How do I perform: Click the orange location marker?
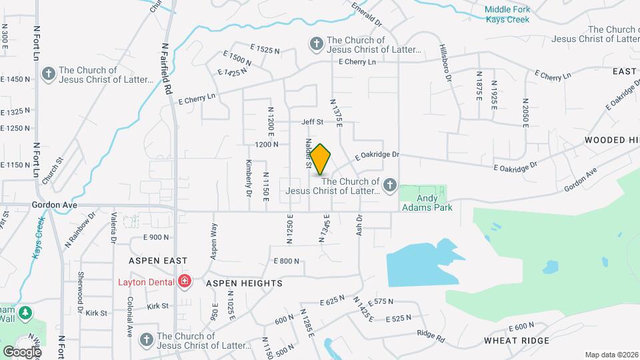[x=321, y=159]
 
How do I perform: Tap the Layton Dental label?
[x=147, y=282]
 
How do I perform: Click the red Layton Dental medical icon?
[x=184, y=282]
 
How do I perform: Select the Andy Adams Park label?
[x=427, y=203]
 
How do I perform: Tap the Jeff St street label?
[x=312, y=122]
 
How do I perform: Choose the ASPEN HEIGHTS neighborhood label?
[x=244, y=283]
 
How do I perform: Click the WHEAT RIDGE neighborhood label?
[x=517, y=341]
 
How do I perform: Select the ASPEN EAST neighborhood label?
[x=158, y=260]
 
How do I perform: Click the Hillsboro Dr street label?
[x=445, y=64]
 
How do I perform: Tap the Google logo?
[x=21, y=351]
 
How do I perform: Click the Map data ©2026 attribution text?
[x=611, y=355]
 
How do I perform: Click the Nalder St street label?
[x=309, y=153]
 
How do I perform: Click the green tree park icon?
[x=25, y=312]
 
